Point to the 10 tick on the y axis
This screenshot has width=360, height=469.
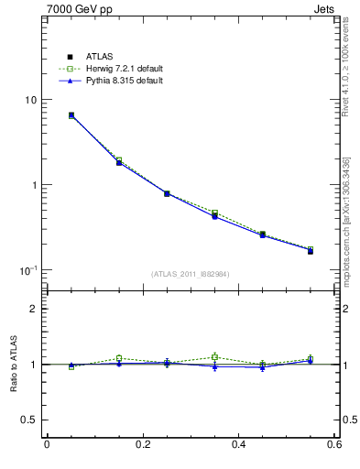(32, 100)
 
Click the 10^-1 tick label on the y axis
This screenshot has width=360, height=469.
(30, 270)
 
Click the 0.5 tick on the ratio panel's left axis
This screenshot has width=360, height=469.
(31, 420)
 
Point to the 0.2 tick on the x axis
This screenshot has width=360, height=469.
(142, 444)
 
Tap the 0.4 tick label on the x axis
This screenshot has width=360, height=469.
(238, 444)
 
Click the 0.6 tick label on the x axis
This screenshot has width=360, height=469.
(333, 444)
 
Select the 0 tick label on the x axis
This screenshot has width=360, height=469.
(47, 444)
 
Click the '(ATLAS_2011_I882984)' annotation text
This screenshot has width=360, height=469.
(190, 273)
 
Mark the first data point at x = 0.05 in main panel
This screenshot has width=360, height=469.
(71, 115)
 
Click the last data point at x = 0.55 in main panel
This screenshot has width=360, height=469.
(310, 250)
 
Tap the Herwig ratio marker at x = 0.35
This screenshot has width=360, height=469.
(214, 357)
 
